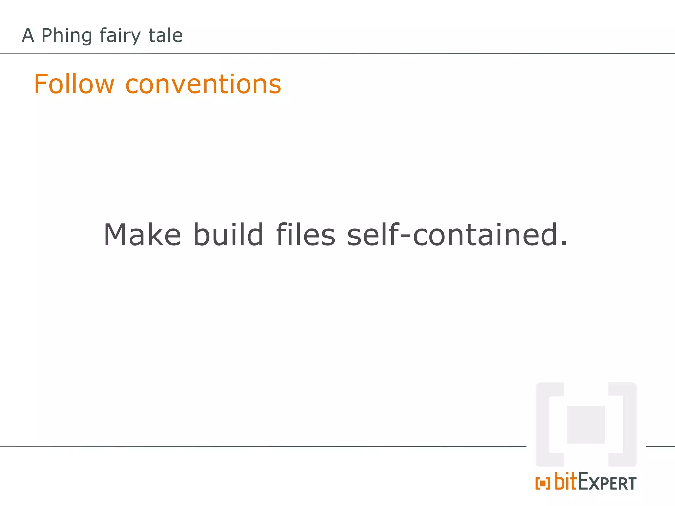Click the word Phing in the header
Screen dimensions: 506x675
[x=67, y=36]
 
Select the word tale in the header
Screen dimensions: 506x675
[x=165, y=35]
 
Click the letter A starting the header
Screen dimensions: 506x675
[x=28, y=35]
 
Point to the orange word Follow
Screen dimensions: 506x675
[x=74, y=84]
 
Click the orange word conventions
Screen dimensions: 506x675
[x=203, y=84]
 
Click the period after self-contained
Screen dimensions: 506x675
[x=564, y=243]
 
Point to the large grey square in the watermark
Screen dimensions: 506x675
[x=586, y=425]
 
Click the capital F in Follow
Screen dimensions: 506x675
[x=41, y=84]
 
